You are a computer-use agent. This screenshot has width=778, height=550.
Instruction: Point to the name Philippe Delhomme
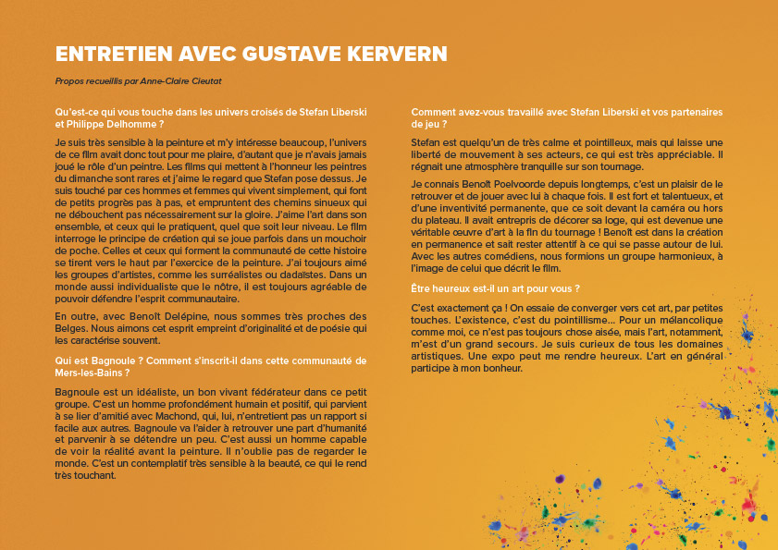click(x=112, y=123)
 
